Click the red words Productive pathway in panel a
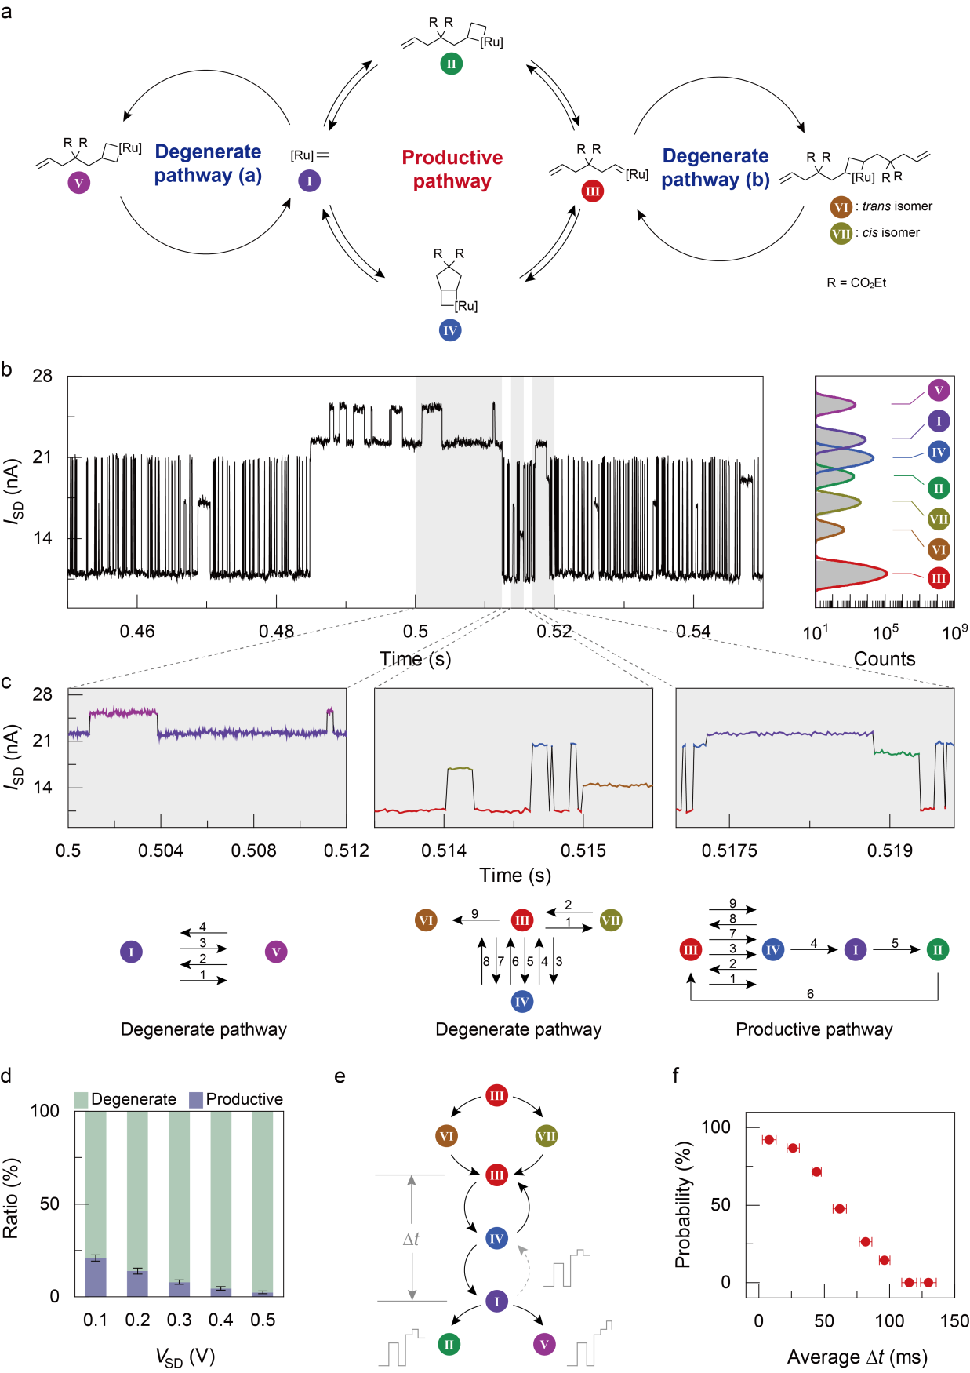click(x=452, y=169)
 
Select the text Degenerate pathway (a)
click(x=208, y=163)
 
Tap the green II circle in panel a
click(x=451, y=64)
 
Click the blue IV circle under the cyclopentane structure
click(x=449, y=330)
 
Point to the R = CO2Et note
click(x=856, y=282)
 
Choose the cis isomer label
click(x=891, y=232)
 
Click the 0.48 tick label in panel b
click(x=276, y=631)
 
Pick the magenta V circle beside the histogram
click(x=939, y=390)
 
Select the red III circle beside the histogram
click(x=939, y=579)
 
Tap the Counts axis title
click(x=885, y=659)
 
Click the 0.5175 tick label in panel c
click(x=729, y=850)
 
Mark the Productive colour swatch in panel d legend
click(x=196, y=1099)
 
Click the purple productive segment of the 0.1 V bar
click(x=96, y=1277)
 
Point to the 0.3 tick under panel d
click(x=179, y=1320)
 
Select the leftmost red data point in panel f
click(x=768, y=1140)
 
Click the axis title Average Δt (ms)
click(x=857, y=1357)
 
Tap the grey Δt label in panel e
click(x=411, y=1239)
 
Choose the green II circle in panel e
click(x=449, y=1345)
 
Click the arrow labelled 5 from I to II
click(x=894, y=949)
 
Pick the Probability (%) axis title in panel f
click(x=683, y=1205)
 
